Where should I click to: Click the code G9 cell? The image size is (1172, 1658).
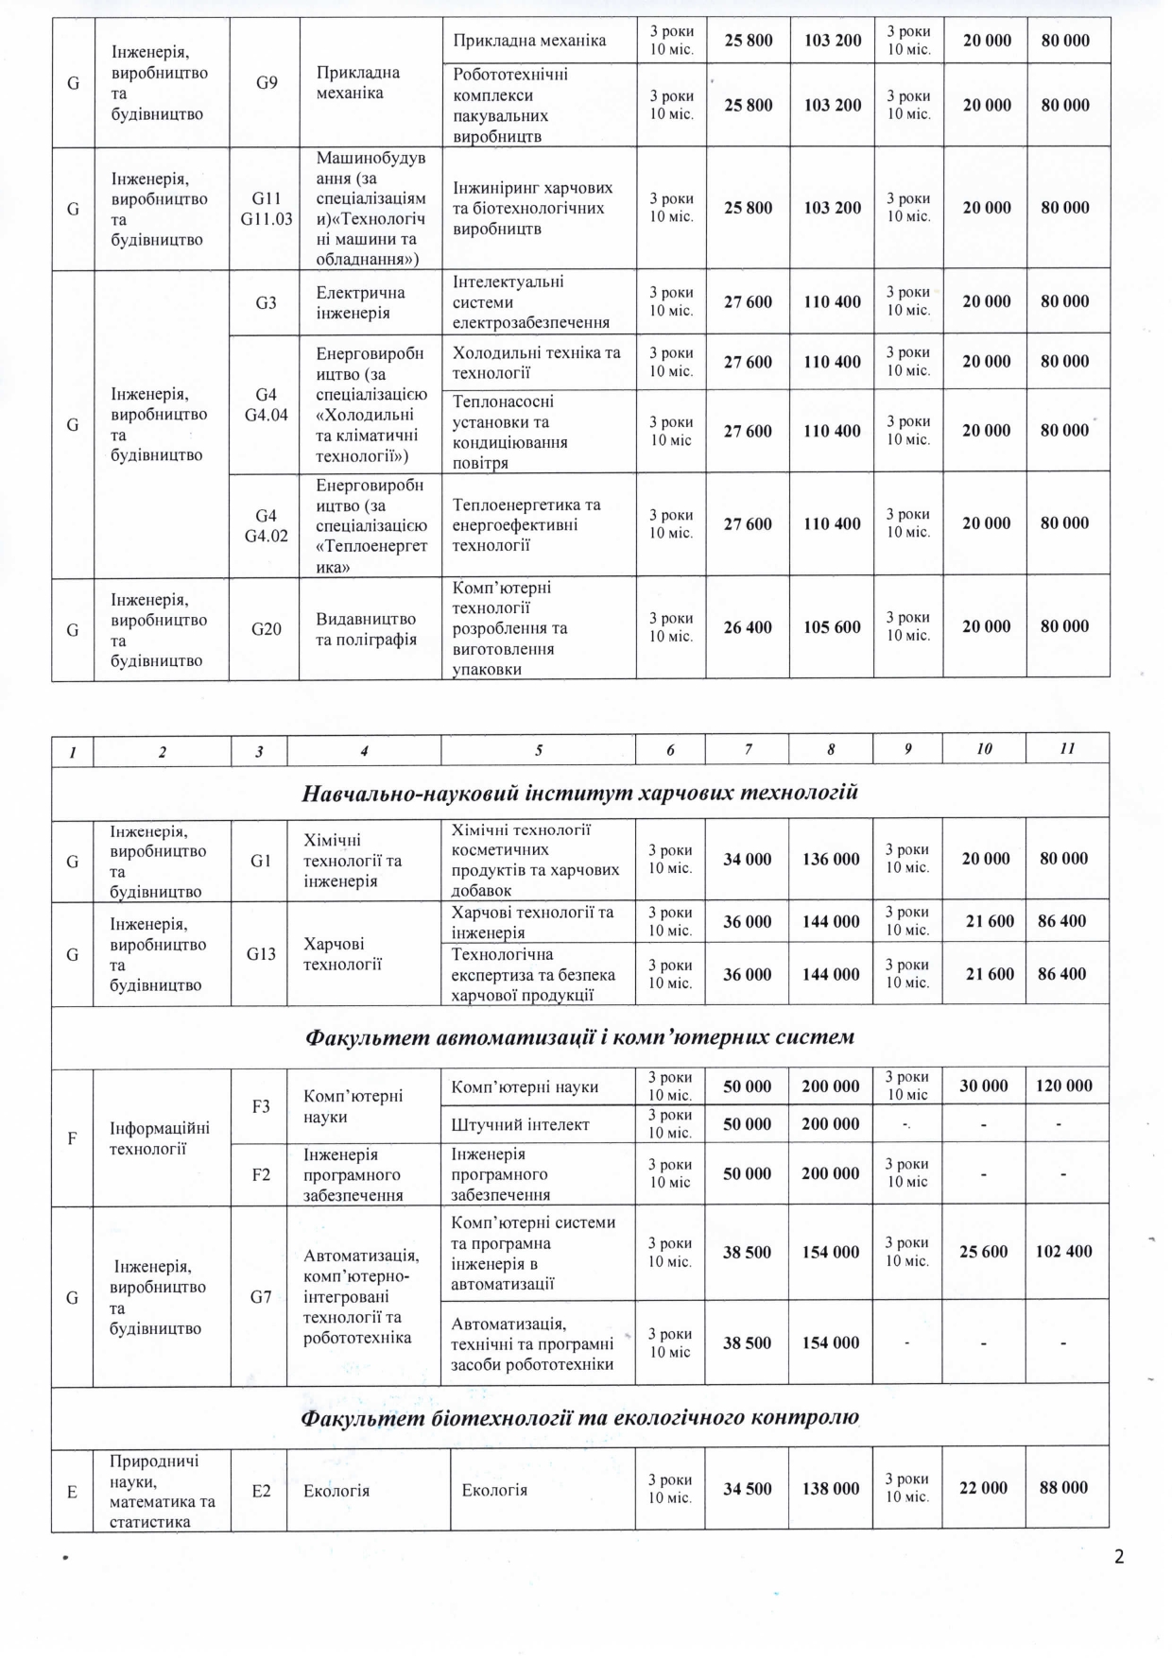(267, 82)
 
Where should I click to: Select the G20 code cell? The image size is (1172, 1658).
(267, 628)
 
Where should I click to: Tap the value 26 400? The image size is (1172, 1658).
(747, 626)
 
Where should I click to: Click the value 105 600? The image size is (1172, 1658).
(832, 626)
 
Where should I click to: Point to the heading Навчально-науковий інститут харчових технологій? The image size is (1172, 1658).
(579, 793)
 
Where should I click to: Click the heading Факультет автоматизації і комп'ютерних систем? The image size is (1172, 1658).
(579, 1037)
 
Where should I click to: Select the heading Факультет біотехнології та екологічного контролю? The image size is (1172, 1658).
(579, 1417)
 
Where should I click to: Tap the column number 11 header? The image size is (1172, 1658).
(1067, 748)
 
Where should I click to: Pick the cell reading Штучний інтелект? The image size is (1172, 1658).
(520, 1124)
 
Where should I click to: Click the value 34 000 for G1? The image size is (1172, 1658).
(747, 859)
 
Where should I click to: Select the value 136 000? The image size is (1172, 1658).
(831, 859)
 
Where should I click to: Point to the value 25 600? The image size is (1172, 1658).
(983, 1251)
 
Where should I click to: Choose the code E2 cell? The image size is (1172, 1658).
(261, 1491)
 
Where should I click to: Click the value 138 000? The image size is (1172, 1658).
(831, 1488)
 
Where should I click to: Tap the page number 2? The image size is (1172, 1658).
(1119, 1557)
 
